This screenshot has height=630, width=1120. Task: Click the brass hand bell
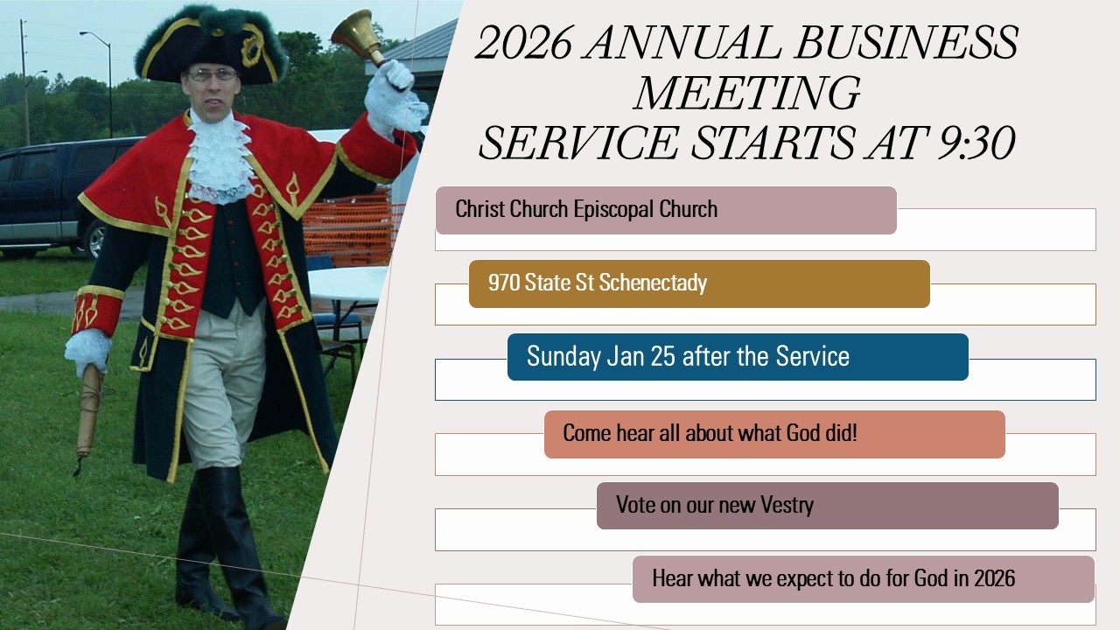(x=359, y=36)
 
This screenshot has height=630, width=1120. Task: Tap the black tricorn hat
(x=210, y=47)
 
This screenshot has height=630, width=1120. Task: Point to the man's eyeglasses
(x=212, y=75)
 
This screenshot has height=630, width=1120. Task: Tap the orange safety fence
(x=353, y=227)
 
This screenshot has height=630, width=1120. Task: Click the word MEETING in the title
(x=746, y=93)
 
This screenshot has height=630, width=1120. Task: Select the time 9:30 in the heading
(x=976, y=143)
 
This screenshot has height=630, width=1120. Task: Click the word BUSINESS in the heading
(x=906, y=42)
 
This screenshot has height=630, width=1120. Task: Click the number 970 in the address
(x=504, y=283)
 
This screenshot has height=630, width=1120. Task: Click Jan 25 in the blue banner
(x=641, y=356)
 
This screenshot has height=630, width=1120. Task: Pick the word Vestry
(x=787, y=505)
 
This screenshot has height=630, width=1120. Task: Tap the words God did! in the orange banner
(x=822, y=433)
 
